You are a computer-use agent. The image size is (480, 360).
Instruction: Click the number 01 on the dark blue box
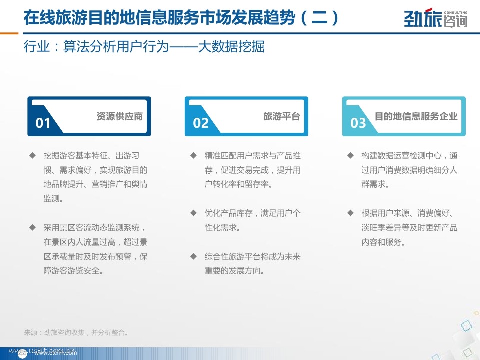click(x=43, y=123)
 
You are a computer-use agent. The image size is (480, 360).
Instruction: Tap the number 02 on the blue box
click(x=201, y=123)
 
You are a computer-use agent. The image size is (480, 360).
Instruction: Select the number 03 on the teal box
click(x=358, y=123)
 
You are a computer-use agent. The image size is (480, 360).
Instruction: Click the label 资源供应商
click(x=119, y=116)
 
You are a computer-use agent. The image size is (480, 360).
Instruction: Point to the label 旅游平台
click(x=282, y=116)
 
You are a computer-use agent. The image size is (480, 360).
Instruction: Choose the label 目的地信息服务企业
click(x=416, y=116)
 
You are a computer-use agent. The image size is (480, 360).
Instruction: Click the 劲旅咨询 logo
click(x=436, y=18)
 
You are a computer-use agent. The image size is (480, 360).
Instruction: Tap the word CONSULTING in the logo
click(x=456, y=13)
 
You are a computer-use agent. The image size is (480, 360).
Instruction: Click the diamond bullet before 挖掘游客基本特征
click(x=33, y=155)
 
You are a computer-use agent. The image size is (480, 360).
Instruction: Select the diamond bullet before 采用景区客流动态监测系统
click(x=33, y=227)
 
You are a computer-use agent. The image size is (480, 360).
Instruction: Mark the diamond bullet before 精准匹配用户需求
click(x=193, y=155)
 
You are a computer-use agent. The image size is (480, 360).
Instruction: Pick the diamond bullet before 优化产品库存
click(x=193, y=213)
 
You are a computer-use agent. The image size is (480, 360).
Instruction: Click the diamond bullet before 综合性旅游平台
click(x=193, y=256)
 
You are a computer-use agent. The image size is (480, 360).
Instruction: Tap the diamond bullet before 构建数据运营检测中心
click(x=351, y=155)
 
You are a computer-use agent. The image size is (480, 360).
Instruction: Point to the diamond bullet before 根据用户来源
click(x=351, y=213)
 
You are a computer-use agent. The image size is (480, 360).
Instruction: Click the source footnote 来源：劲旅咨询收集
click(x=76, y=333)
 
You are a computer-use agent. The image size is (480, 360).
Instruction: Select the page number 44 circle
click(x=22, y=354)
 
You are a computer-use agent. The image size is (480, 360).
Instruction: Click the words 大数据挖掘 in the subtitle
click(x=231, y=47)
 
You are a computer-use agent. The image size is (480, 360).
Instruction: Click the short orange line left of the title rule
click(x=9, y=33)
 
